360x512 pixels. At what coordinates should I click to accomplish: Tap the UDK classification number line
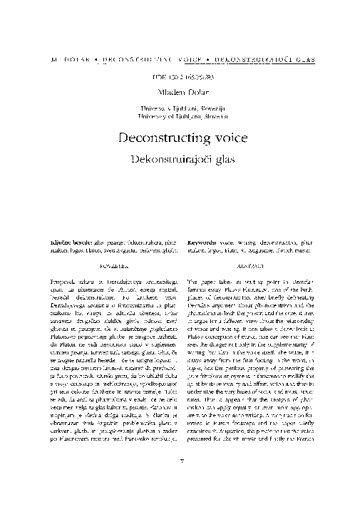(x=180, y=76)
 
